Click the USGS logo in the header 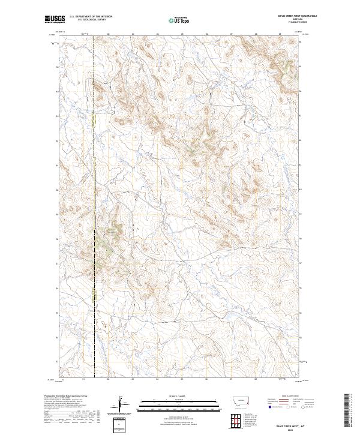[x=53, y=19]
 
